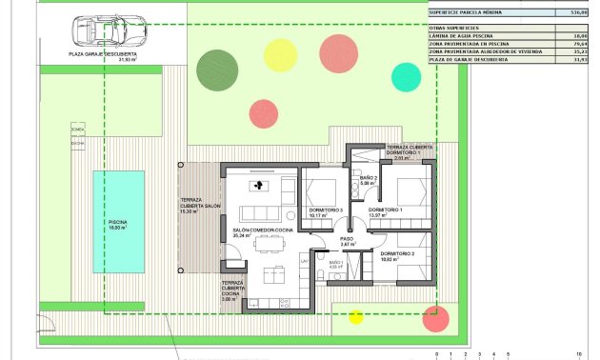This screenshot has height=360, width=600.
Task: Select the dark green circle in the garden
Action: point(213,67)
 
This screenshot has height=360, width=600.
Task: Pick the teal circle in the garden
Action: point(406,76)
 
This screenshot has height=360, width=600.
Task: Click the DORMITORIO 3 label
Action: point(326,210)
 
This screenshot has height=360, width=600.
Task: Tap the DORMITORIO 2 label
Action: point(398,255)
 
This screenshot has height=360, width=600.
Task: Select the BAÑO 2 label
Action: point(370,180)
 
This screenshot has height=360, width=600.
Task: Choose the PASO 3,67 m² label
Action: point(348,242)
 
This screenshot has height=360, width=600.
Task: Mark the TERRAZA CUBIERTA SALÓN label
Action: point(201,207)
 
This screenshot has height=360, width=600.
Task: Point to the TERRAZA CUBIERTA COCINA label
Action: point(232,290)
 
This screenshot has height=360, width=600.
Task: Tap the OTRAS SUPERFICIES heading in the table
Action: point(454,27)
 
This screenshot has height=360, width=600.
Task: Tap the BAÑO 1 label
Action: point(335,264)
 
